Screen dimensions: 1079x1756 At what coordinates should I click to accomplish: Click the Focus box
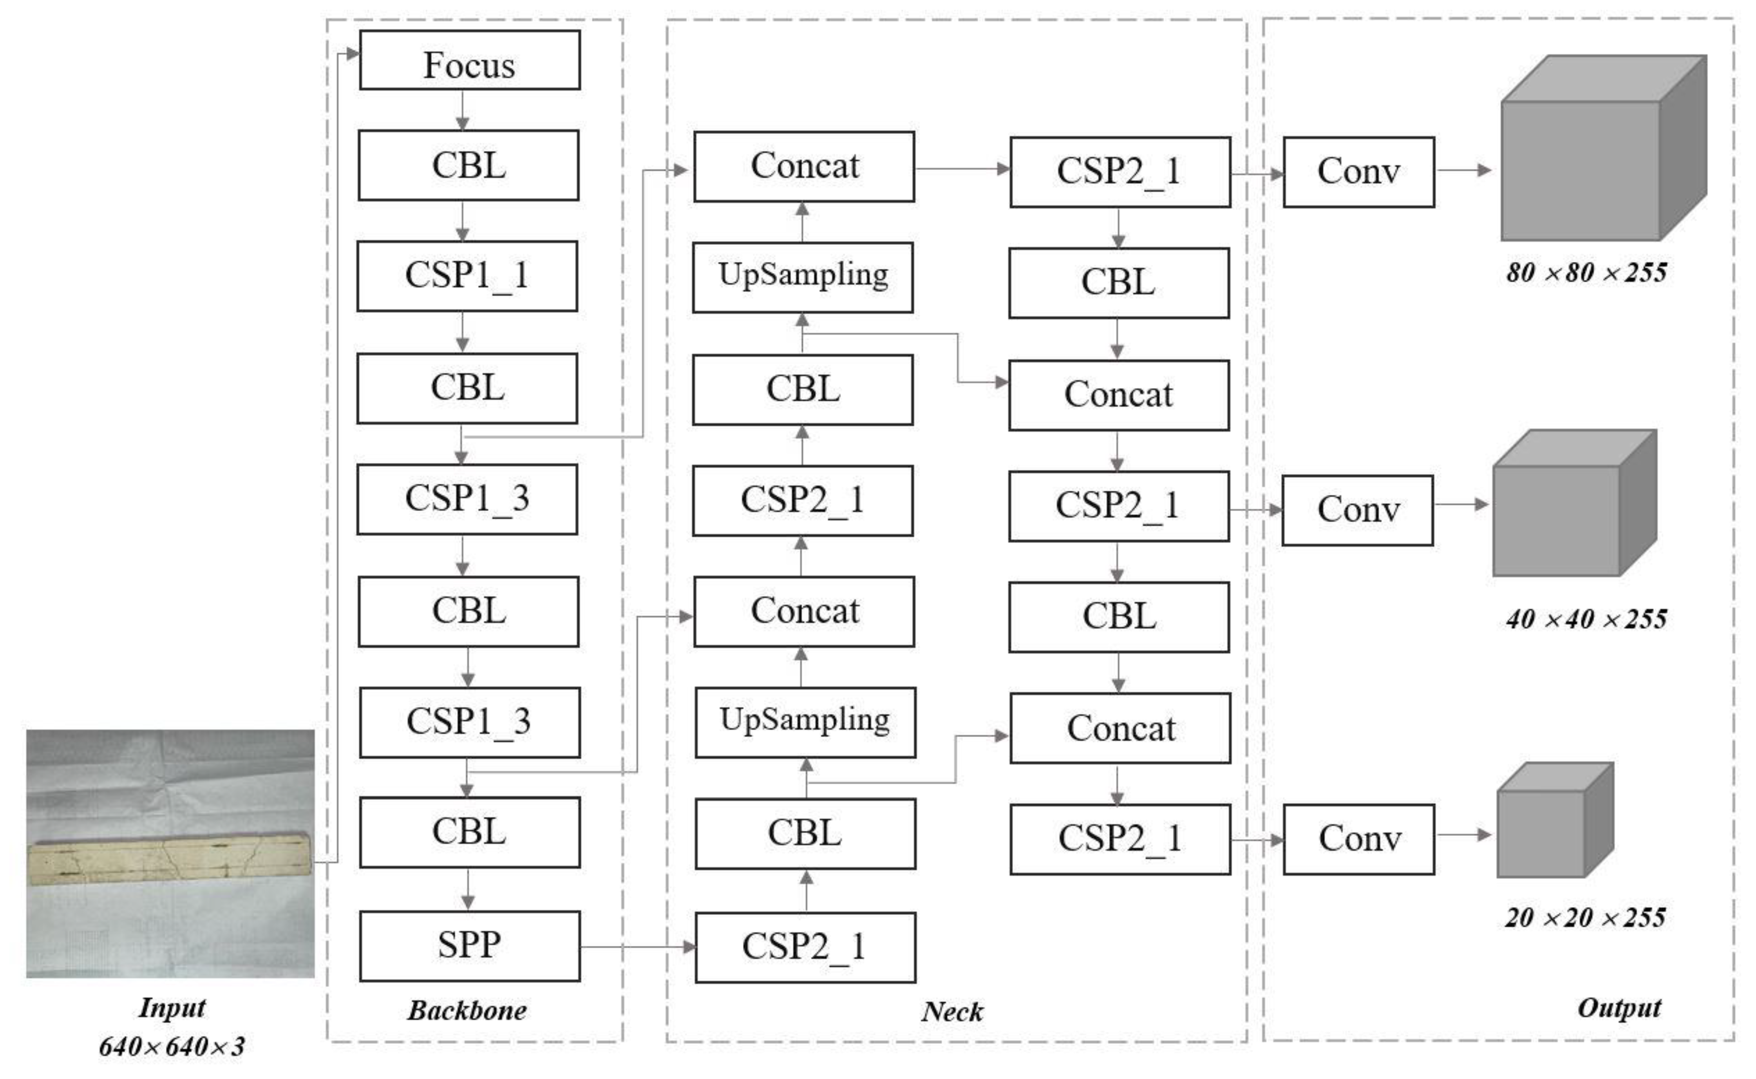pyautogui.click(x=469, y=60)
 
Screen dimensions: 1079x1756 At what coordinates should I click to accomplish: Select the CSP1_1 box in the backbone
pyautogui.click(x=468, y=276)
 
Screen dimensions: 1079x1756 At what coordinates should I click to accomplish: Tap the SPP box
pyautogui.click(x=470, y=945)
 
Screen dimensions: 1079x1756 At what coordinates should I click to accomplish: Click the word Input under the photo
pyautogui.click(x=172, y=1008)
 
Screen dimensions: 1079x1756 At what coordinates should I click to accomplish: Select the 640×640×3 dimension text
pyautogui.click(x=172, y=1046)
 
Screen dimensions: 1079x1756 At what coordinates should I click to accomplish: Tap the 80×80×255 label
pyautogui.click(x=1586, y=273)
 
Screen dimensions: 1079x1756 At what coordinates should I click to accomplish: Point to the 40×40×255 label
pyautogui.click(x=1586, y=619)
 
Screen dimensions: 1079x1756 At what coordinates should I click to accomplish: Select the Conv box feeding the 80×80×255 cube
pyautogui.click(x=1358, y=172)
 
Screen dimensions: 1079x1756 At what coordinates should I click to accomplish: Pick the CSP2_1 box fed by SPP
pyautogui.click(x=805, y=947)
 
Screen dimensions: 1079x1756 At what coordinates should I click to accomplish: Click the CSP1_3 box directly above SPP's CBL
pyautogui.click(x=470, y=722)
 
